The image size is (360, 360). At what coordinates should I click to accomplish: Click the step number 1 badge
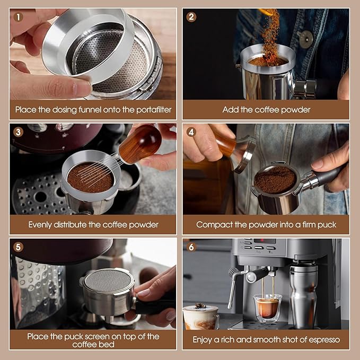point(19,17)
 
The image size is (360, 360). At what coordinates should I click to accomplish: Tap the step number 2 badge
point(192,17)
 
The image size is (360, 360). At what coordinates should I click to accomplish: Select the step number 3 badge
point(19,132)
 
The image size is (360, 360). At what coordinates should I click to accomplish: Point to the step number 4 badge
point(192,132)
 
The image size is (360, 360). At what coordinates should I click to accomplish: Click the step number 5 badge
point(19,247)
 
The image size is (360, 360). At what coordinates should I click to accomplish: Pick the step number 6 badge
point(192,247)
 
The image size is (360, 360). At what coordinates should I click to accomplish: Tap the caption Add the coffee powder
point(266,110)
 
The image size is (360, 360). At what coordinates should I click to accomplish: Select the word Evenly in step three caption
point(41,225)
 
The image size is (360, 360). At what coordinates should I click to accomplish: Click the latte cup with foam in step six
point(200,317)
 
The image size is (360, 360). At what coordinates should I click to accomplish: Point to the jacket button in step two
point(305,39)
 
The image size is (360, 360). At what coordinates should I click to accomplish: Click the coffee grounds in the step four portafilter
point(274,180)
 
